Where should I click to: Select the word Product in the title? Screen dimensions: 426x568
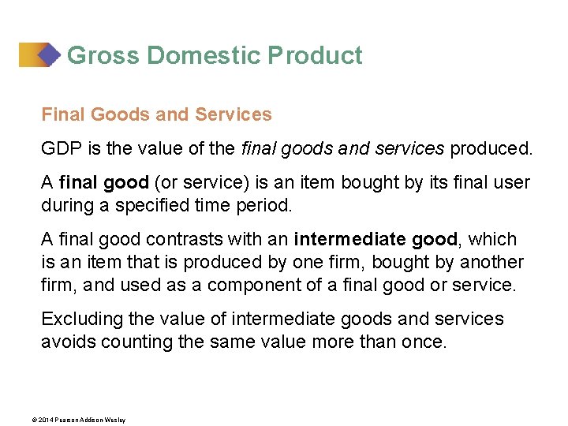tap(315, 56)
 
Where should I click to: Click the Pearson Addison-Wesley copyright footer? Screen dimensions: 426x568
tap(84, 420)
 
